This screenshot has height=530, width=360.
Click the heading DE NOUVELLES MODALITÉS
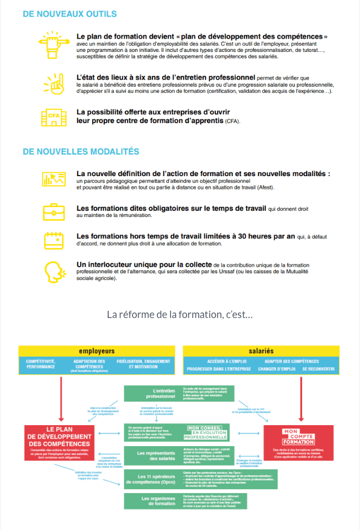[81, 151]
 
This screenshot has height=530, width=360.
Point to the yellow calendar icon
[54, 240]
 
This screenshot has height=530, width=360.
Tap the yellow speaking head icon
[54, 270]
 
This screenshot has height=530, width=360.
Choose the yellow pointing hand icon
[54, 82]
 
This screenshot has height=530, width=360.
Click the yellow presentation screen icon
[54, 178]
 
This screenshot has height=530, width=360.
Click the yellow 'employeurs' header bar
[97, 351]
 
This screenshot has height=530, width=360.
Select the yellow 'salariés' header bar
[261, 351]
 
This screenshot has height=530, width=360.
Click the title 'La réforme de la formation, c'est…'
[179, 315]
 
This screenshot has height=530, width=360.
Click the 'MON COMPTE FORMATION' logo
[298, 436]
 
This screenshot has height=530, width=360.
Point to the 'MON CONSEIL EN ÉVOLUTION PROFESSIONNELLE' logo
[207, 432]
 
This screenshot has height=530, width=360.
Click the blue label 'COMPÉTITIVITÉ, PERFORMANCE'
[40, 364]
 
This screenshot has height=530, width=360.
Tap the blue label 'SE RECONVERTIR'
[318, 368]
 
